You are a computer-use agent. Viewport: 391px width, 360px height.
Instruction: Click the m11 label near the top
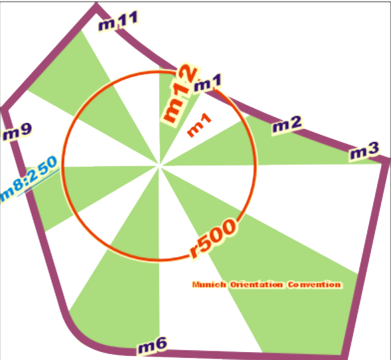(118, 21)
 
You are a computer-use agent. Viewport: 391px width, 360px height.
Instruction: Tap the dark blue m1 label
(208, 82)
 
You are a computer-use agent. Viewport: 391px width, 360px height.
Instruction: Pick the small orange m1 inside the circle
(199, 125)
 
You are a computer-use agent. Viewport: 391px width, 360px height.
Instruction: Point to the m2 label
(287, 124)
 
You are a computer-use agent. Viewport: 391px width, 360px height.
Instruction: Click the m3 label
(364, 151)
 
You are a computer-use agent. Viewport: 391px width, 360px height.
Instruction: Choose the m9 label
(17, 132)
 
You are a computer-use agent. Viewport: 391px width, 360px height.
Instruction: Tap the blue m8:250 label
(29, 179)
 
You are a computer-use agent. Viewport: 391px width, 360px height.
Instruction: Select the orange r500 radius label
(212, 238)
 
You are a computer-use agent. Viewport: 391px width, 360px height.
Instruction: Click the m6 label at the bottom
(152, 345)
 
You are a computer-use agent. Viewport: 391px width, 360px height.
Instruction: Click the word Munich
(209, 285)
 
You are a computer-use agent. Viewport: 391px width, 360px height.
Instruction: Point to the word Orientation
(256, 285)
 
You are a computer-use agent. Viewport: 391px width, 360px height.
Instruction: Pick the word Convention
(315, 285)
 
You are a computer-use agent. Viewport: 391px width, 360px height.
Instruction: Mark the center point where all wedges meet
(159, 165)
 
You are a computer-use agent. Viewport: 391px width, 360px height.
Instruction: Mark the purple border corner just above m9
(5, 110)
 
